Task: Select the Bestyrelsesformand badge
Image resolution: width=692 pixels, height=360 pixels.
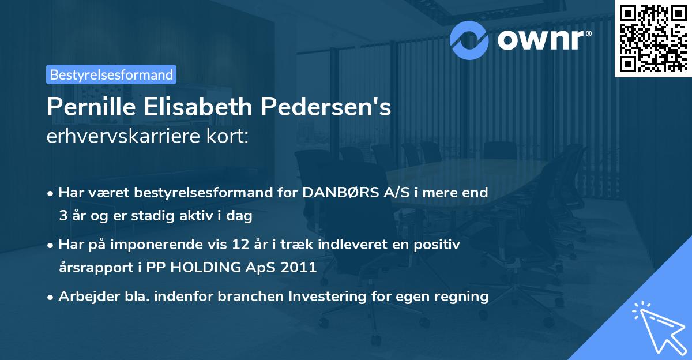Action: tap(111, 74)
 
